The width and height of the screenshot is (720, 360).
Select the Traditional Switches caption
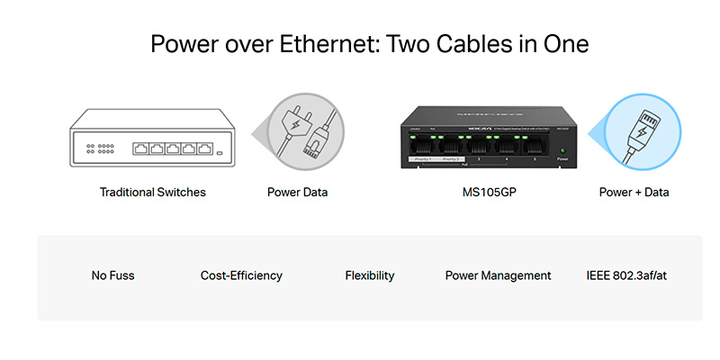click(x=153, y=192)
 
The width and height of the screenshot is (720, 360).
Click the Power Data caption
click(x=297, y=192)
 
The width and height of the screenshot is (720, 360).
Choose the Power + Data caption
click(x=634, y=192)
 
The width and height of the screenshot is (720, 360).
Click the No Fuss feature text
click(x=112, y=275)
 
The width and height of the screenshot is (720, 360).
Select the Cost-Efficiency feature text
click(x=241, y=275)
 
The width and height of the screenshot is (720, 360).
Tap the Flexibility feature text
click(x=370, y=275)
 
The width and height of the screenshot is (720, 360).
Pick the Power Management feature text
click(x=498, y=275)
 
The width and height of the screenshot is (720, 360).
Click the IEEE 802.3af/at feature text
click(x=626, y=275)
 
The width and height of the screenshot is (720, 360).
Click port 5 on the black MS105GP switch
click(x=534, y=147)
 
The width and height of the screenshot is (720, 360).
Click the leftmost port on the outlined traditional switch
click(x=142, y=148)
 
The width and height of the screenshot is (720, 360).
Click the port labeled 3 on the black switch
click(x=479, y=147)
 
